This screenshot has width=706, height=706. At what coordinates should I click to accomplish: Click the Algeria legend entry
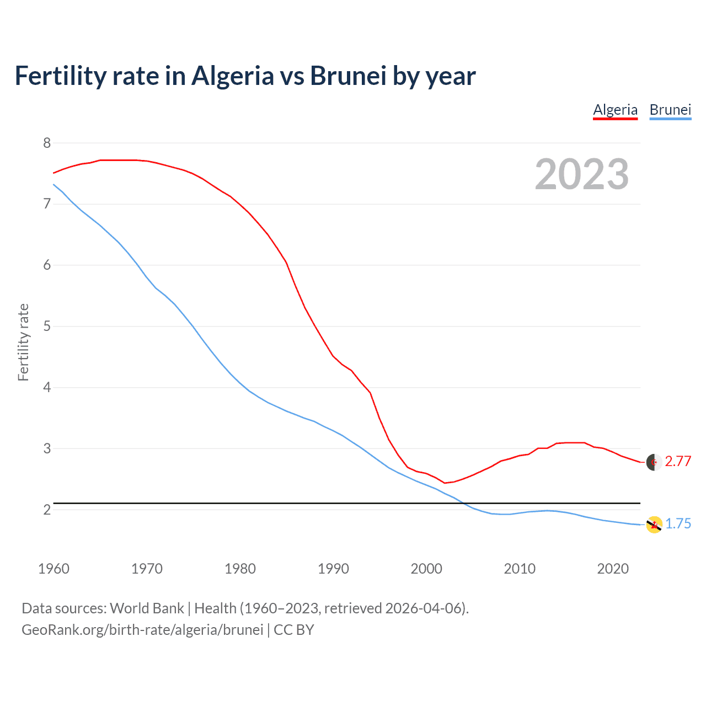tap(615, 110)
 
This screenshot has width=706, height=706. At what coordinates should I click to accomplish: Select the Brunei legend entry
tap(670, 110)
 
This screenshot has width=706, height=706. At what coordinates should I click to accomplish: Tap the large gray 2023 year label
tap(582, 174)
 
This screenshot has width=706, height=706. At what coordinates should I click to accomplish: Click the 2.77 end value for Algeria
tap(678, 461)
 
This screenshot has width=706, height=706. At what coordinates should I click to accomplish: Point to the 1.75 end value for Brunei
tap(678, 523)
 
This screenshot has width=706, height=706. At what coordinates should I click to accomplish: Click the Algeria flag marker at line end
tap(654, 462)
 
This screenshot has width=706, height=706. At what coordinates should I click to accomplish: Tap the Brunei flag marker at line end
tap(654, 525)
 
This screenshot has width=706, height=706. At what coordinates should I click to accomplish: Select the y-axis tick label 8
tap(47, 143)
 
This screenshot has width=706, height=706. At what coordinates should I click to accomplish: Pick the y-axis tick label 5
tap(47, 326)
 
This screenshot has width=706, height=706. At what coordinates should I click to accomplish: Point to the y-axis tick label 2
tap(47, 510)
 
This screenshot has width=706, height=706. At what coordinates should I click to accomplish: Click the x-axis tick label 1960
tap(54, 569)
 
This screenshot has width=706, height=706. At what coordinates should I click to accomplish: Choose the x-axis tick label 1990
tap(333, 569)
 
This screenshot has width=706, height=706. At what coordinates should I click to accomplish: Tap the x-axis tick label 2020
tap(613, 569)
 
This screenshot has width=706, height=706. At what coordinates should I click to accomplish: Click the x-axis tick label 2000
tap(426, 569)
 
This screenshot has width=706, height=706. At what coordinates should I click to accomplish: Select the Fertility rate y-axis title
tap(23, 342)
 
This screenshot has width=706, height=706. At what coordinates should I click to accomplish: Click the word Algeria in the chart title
tap(232, 76)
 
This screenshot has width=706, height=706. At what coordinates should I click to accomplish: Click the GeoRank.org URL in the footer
tap(142, 630)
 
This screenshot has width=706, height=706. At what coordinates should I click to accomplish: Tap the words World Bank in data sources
tap(147, 608)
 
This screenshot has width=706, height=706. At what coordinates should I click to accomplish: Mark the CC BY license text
tap(294, 630)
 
